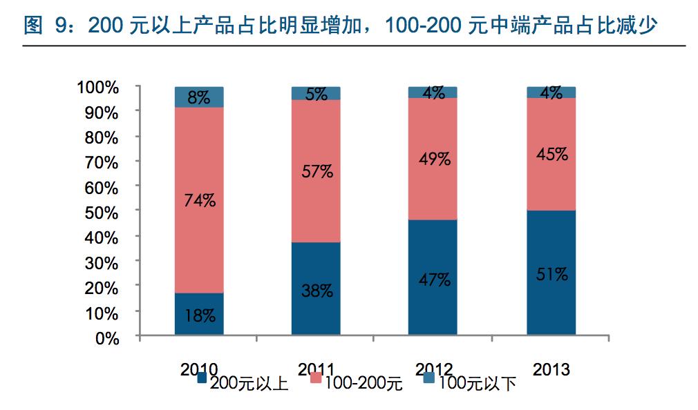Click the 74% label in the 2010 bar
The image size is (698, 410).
coord(199,201)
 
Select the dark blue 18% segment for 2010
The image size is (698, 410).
coord(199,315)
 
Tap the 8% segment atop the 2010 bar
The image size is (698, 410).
coord(199,97)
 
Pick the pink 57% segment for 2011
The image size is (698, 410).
coord(316,171)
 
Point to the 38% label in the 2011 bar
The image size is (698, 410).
coord(316,291)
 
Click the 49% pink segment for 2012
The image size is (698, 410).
coord(433,159)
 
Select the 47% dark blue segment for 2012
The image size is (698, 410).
coord(433,280)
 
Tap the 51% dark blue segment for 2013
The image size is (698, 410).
coord(551,274)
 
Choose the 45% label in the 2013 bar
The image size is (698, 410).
coord(551,154)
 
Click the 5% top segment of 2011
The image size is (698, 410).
coord(316,93)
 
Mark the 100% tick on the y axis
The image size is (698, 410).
coord(98,87)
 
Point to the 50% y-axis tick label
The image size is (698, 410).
coord(102,212)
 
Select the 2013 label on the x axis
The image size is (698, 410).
coord(551,370)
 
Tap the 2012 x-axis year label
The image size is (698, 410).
coord(434,370)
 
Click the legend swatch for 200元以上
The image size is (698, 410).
coord(202,378)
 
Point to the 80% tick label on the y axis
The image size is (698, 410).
coord(102,137)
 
